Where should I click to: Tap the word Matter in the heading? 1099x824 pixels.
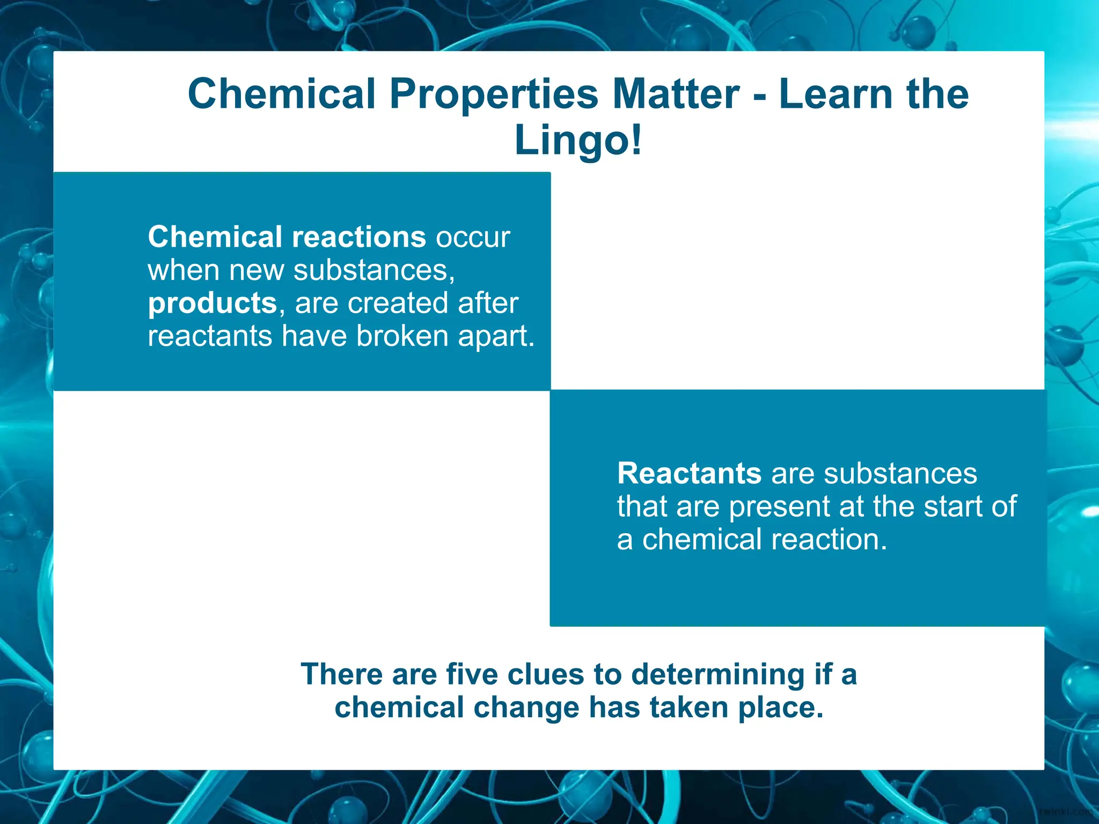pos(676,94)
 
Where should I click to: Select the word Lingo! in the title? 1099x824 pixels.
pos(578,141)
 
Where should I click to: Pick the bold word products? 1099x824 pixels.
pos(212,304)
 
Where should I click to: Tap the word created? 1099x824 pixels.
pos(398,303)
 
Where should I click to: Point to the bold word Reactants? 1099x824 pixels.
pos(689,474)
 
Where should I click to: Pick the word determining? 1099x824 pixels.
pos(718,675)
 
